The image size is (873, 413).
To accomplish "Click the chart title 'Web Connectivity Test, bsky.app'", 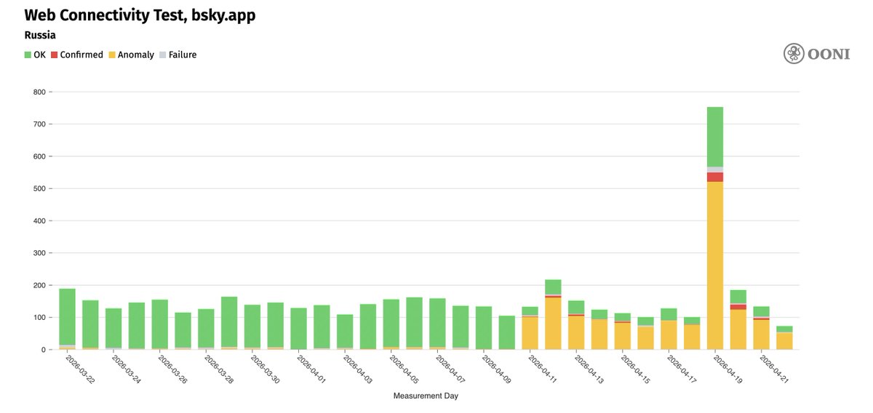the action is (x=140, y=15).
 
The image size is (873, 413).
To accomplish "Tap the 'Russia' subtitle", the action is (x=40, y=35).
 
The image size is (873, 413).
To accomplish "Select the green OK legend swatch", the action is (x=28, y=55).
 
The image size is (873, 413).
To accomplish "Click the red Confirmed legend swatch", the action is (x=54, y=55).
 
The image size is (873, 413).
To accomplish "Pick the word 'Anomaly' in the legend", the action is (x=136, y=55).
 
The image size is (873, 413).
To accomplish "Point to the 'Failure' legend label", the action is (x=183, y=55).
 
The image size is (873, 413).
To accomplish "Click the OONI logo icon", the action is (x=794, y=53).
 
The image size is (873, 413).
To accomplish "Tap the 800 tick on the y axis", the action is (x=39, y=92).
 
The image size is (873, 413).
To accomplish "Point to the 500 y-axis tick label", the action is (x=39, y=188).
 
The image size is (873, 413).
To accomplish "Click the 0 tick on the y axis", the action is (x=43, y=350).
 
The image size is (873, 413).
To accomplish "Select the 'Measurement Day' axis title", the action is (x=426, y=396).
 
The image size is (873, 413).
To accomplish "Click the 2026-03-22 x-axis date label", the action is (x=80, y=369).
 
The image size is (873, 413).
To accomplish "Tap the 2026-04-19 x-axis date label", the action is (x=727, y=369).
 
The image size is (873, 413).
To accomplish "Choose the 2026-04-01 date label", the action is (x=311, y=369).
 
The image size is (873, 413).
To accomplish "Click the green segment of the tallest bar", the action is (x=714, y=137).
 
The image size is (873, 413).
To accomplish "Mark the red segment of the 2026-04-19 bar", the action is (x=714, y=177).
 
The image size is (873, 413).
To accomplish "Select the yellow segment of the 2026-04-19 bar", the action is (x=714, y=265).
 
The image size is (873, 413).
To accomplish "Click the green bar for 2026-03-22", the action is (x=67, y=317).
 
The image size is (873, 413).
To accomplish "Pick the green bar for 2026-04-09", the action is (x=506, y=332).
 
